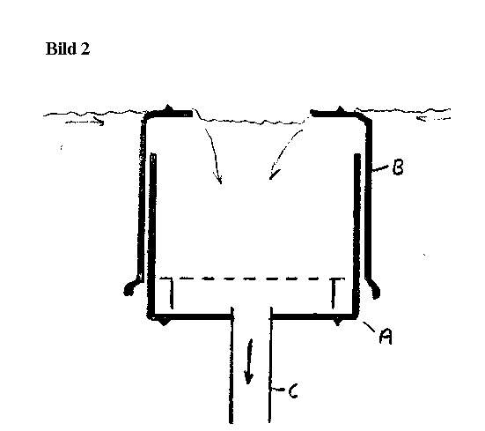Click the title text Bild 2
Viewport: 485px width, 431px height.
pos(68,48)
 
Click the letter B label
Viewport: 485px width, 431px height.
pos(398,167)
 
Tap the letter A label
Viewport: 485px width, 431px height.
pos(386,337)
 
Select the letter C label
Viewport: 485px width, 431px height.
pos(293,391)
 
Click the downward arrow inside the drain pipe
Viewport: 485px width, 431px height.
pos(249,361)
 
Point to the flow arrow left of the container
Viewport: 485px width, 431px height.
pos(85,122)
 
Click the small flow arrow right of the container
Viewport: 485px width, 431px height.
pos(433,118)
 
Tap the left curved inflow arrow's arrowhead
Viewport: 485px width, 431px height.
pos(218,179)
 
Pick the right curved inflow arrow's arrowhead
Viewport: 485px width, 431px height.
pos(274,175)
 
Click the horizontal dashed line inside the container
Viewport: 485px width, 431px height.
pos(252,279)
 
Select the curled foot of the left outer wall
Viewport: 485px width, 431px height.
pos(131,286)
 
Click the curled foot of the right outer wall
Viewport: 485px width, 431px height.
pos(373,286)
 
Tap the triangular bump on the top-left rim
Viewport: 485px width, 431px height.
pos(168,108)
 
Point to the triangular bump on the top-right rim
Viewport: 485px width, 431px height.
pos(341,109)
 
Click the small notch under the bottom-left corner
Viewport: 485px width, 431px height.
pos(164,322)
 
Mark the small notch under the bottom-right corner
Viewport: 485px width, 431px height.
pos(338,322)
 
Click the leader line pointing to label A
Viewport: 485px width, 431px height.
pos(369,327)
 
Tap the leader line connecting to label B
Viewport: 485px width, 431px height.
pos(380,168)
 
